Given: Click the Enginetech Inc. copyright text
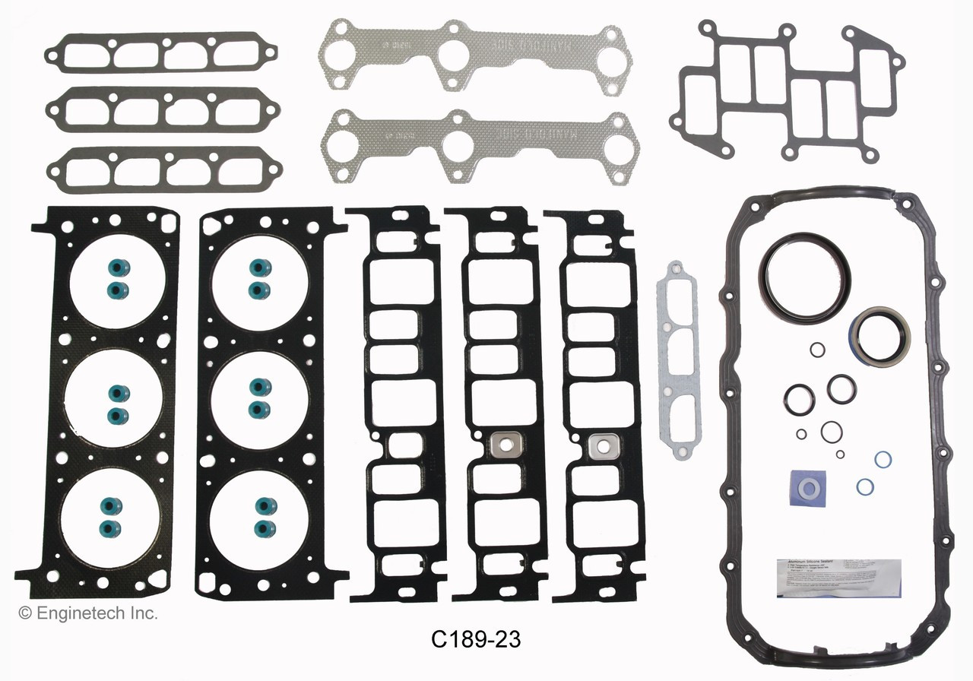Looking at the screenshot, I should pos(88,613).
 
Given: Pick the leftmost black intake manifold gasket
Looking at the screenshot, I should pos(395,403).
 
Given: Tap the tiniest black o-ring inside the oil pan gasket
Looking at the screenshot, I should pos(840,455).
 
